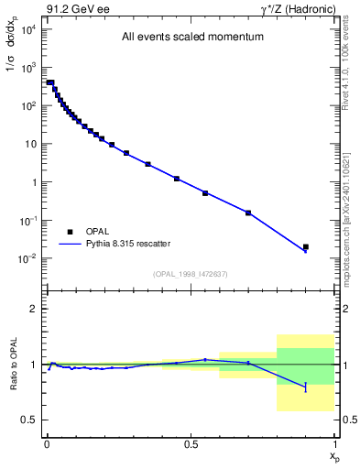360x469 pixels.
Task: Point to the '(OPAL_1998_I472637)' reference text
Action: [190, 274]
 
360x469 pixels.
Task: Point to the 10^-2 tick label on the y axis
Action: [27, 258]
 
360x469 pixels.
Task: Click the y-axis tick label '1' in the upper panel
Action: [33, 182]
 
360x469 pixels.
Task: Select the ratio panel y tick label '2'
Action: [35, 309]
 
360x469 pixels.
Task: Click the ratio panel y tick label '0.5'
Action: [30, 420]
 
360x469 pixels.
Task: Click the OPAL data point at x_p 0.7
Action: [248, 213]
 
